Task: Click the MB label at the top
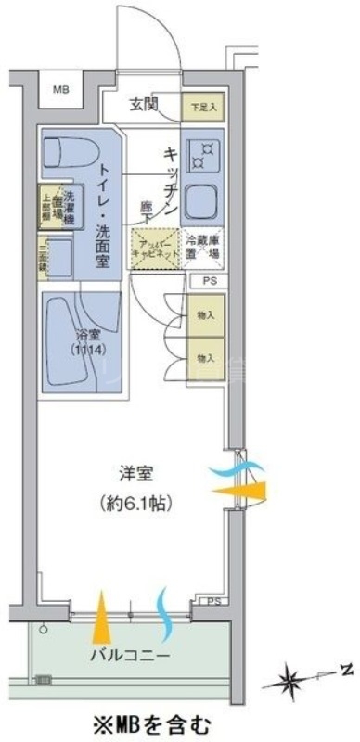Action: [x=60, y=90]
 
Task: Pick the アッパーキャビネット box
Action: [x=152, y=248]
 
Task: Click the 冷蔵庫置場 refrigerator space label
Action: [x=200, y=248]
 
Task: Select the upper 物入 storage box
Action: [x=204, y=315]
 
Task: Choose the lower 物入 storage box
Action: [x=204, y=356]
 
